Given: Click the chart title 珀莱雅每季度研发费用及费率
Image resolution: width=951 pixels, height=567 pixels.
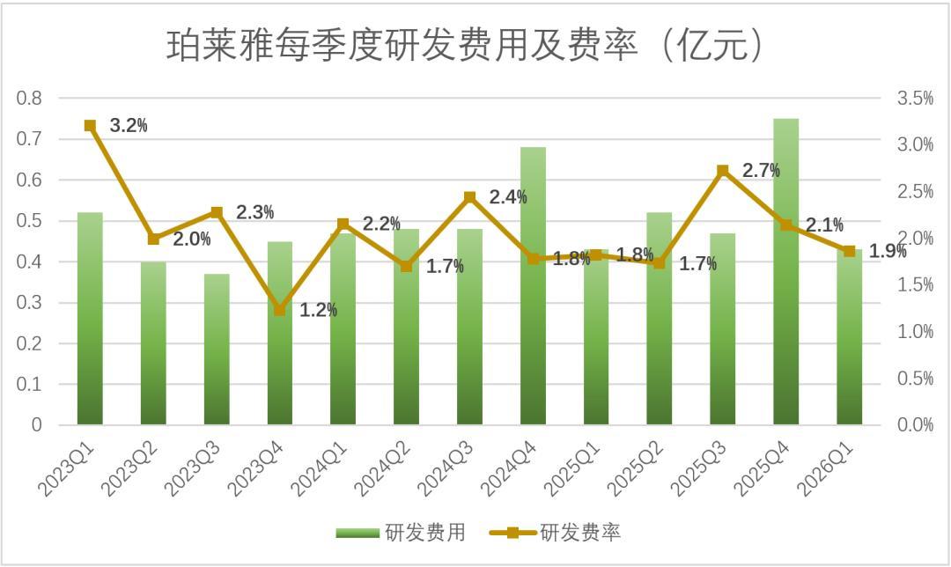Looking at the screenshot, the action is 402,46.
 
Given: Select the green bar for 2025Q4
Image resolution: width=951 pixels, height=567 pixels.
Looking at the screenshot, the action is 785,272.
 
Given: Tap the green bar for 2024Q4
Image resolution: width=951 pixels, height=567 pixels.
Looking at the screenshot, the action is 533,285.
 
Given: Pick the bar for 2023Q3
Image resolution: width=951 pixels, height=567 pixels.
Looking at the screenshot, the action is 217,350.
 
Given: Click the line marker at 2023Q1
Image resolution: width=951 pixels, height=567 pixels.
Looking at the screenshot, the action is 91,126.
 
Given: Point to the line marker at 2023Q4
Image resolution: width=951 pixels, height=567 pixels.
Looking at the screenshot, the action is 280,311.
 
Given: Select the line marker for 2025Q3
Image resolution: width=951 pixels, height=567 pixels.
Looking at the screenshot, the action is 722,171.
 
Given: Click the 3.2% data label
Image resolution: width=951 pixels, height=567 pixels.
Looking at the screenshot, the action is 129,126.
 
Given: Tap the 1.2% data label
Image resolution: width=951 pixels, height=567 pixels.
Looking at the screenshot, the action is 319,310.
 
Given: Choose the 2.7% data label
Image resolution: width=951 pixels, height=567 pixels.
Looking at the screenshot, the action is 761,171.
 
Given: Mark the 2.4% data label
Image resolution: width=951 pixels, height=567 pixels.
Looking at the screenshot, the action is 508,196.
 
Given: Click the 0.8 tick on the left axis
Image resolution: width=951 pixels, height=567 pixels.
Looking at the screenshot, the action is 29,98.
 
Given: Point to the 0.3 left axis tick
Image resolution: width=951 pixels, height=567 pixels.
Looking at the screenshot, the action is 29,302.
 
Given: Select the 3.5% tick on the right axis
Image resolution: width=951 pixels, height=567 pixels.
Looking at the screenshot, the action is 915,98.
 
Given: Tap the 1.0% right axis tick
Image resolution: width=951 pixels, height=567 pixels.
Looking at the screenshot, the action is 915,331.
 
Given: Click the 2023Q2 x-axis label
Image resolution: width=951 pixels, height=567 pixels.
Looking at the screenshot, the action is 129,468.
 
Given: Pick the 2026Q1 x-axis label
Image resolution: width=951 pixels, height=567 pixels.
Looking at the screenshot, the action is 825,468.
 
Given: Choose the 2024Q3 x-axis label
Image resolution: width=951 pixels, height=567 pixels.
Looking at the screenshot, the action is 446,468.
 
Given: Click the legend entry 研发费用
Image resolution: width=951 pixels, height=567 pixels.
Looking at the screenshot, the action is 401,533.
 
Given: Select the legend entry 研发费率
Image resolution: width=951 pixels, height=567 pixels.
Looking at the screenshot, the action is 555,533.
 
